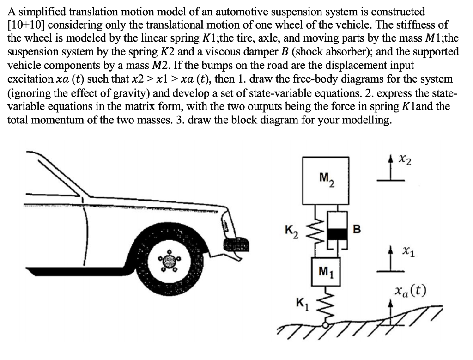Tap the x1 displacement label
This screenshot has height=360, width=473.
point(408,252)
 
